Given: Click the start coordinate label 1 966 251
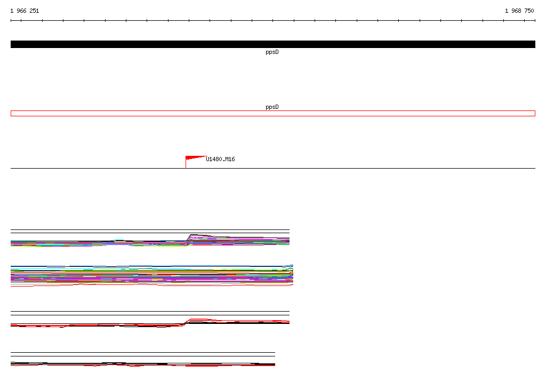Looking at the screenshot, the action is pos(25,11).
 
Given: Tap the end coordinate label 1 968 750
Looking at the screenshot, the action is pos(519,11).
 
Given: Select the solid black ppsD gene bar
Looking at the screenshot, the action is pos(273,44).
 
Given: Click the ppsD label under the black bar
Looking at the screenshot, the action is pos(272,52).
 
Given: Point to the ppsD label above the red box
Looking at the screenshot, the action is pos(272,107).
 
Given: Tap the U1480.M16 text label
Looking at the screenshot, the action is pos(220,160).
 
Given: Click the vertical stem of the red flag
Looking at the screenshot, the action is pos(186,162).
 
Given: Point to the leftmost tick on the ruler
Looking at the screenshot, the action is pos(11,21).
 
